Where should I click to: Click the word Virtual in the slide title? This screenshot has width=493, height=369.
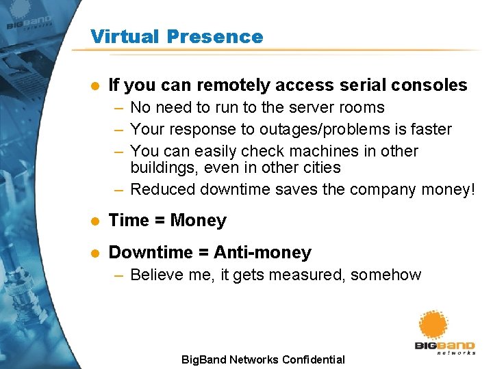click(x=121, y=36)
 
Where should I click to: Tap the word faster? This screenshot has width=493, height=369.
click(x=429, y=129)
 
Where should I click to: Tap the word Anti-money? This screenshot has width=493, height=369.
click(x=262, y=253)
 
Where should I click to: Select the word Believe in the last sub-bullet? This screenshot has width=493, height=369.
click(x=155, y=275)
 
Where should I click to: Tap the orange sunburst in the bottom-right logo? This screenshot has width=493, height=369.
click(x=433, y=325)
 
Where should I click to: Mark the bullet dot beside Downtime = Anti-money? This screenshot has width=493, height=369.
click(x=95, y=254)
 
